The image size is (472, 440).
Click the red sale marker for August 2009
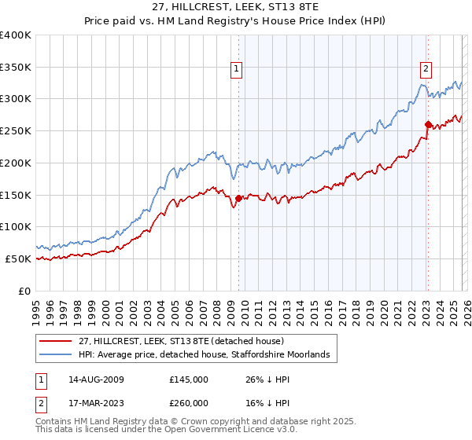238,198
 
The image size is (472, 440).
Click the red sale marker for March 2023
428,124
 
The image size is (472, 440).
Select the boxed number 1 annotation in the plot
236,69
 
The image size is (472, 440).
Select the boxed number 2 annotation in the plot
426,69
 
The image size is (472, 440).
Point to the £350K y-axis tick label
15,68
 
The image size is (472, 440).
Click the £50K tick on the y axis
18,258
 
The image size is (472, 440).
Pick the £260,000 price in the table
189,401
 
